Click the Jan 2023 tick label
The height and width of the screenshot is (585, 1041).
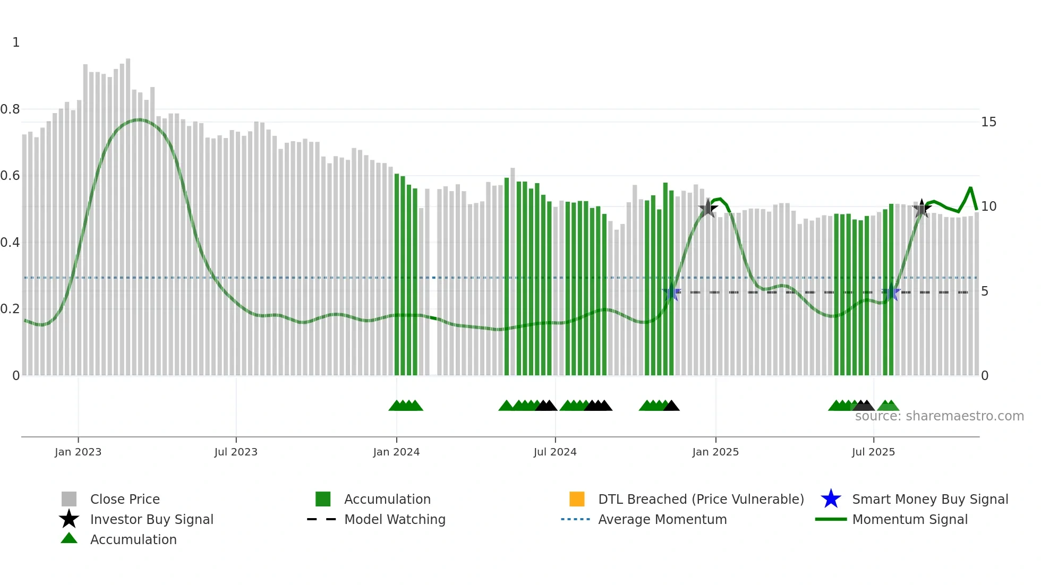pyautogui.click(x=78, y=452)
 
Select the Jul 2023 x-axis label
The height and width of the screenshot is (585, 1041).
pyautogui.click(x=236, y=452)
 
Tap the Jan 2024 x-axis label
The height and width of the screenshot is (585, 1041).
pyautogui.click(x=396, y=452)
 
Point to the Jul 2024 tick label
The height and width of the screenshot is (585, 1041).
pyautogui.click(x=555, y=452)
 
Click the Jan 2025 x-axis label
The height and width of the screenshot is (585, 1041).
pyautogui.click(x=715, y=452)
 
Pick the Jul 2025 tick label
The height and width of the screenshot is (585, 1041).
pyautogui.click(x=873, y=452)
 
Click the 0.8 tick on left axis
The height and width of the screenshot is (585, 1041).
pyautogui.click(x=10, y=109)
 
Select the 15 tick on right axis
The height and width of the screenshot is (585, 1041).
pyautogui.click(x=988, y=122)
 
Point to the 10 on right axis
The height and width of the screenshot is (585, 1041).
pyautogui.click(x=988, y=207)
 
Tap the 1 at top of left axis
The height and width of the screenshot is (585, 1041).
pyautogui.click(x=16, y=42)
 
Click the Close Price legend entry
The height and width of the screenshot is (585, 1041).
pyautogui.click(x=125, y=499)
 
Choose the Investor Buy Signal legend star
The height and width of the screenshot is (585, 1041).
pyautogui.click(x=69, y=519)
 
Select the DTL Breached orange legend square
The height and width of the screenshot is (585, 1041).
pyautogui.click(x=577, y=499)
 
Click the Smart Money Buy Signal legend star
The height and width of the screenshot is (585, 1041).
pyautogui.click(x=831, y=499)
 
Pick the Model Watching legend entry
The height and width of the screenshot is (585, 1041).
pyautogui.click(x=395, y=519)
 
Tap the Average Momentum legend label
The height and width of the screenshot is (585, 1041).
pyautogui.click(x=662, y=519)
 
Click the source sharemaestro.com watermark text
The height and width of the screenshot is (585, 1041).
pyautogui.click(x=939, y=416)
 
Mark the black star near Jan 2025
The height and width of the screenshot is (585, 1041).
pyautogui.click(x=707, y=208)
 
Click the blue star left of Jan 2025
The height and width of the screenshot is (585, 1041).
pyautogui.click(x=672, y=292)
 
